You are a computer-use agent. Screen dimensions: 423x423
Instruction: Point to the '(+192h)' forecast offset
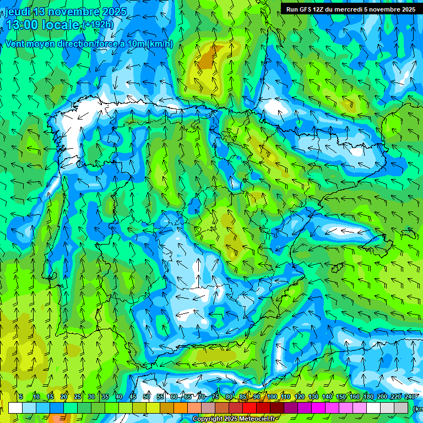coord(99,25)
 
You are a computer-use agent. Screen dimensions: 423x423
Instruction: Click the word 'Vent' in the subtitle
coord(16,44)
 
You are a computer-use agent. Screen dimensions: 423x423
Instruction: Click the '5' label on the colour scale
coord(20,397)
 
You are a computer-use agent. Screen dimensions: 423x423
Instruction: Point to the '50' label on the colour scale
coord(147,397)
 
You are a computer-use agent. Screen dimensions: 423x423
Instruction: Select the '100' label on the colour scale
coord(272,397)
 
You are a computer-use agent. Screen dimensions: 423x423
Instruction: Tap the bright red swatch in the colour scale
coord(250,408)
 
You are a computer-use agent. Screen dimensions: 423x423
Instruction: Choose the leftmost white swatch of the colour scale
coord(15,408)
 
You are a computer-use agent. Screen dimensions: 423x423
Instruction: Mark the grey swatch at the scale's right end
coord(401,408)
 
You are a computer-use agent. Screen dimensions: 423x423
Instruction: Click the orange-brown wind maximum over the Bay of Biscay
coord(208,58)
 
